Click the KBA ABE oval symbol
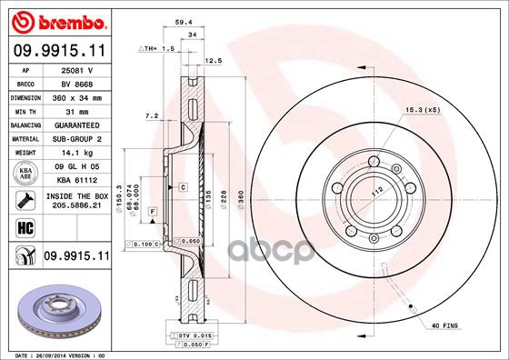click(x=24, y=173)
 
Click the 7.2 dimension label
click(x=152, y=116)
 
